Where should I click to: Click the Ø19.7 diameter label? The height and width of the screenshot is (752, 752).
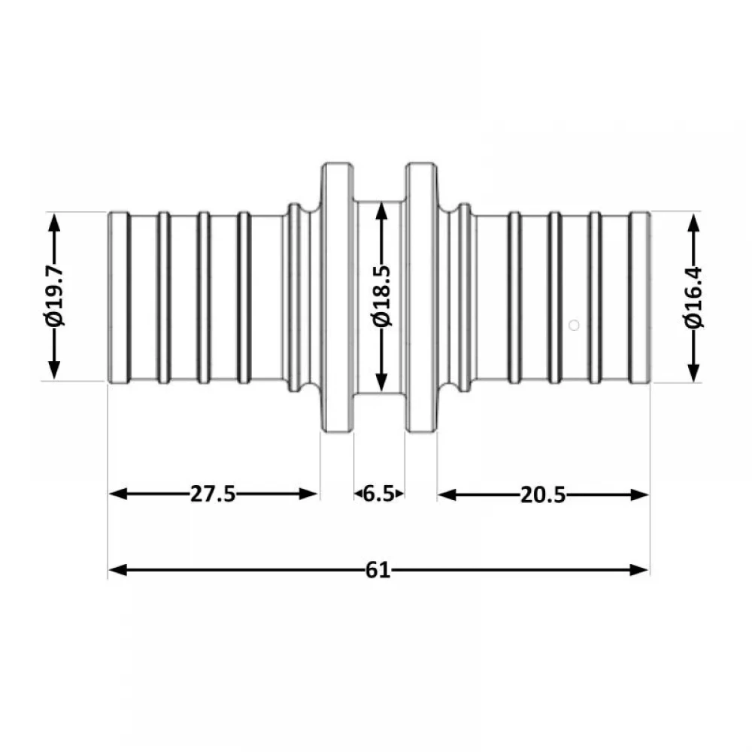point(54,296)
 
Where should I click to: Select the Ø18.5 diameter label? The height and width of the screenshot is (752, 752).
point(382,296)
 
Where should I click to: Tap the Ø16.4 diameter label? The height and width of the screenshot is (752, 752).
point(693,297)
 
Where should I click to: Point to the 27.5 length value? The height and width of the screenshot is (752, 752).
point(213,493)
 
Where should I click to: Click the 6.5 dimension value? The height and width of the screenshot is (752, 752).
point(378,493)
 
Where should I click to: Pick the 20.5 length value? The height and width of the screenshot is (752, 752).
point(543,495)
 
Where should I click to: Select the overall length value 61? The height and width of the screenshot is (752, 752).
point(378,570)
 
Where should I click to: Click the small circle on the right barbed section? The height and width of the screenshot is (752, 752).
point(574,325)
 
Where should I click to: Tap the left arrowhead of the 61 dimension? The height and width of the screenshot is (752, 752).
point(118,570)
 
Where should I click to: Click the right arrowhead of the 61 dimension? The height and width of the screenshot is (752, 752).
point(638,570)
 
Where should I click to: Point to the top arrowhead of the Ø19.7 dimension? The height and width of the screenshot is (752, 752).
point(54,223)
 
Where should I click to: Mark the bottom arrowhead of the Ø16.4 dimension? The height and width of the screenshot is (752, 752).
point(693,373)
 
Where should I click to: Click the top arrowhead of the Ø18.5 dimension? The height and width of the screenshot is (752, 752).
point(382,212)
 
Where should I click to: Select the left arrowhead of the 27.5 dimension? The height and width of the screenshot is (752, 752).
point(119,493)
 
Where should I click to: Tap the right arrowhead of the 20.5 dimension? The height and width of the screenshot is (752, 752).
point(639,495)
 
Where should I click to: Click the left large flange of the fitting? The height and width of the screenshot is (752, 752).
point(337,297)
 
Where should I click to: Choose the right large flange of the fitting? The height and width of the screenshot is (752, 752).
point(422,297)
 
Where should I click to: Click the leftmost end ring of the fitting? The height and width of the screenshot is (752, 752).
point(119,297)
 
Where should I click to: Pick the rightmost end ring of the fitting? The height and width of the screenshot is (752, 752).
point(640,297)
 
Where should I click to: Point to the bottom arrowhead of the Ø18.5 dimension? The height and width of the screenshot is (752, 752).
point(382,382)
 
